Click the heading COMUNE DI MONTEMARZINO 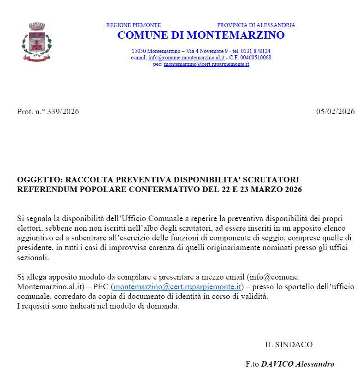click(x=201, y=35)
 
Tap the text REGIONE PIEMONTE click(x=133, y=25)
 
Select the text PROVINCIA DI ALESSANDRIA click(x=256, y=25)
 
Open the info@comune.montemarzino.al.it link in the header click(x=186, y=58)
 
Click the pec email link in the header click(x=207, y=64)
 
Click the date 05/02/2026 click(x=335, y=112)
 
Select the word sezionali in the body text click(x=32, y=257)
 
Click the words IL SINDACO click(x=289, y=344)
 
